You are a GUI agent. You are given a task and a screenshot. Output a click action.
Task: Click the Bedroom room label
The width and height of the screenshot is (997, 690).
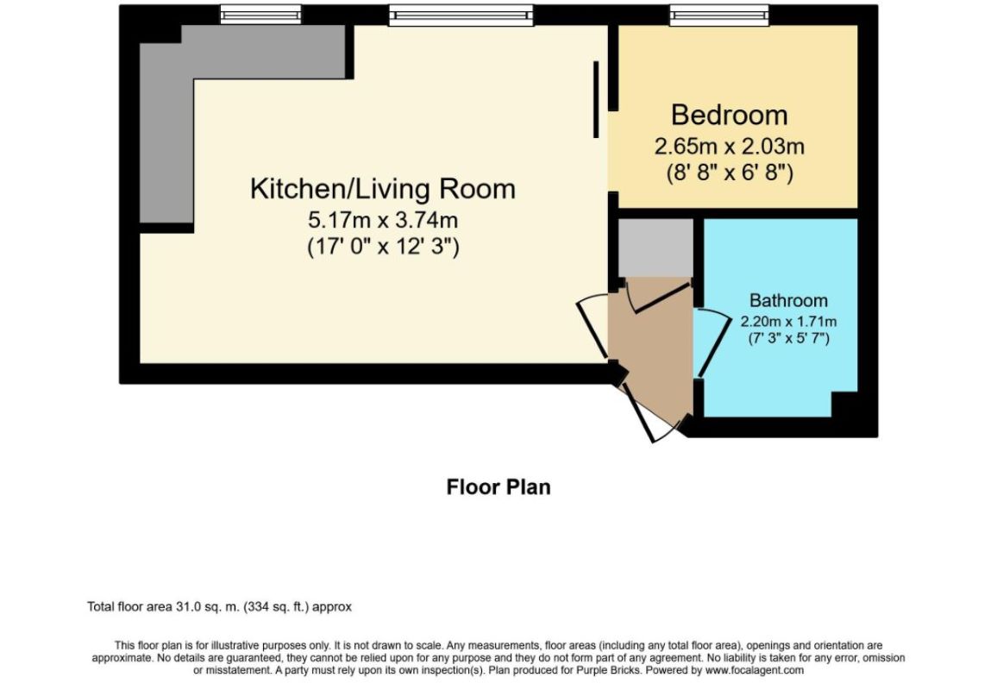(730, 115)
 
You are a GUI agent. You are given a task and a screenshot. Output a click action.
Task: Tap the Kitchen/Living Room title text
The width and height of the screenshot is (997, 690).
(383, 189)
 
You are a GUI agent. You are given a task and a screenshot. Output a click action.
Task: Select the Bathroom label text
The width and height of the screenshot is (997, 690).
(788, 300)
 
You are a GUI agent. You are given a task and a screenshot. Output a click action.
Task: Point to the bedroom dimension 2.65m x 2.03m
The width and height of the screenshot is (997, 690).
(730, 147)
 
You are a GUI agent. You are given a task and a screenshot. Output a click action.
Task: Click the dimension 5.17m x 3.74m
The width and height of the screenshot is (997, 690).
(383, 220)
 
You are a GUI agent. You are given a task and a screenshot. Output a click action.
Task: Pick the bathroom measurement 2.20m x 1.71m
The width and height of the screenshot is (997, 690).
(788, 322)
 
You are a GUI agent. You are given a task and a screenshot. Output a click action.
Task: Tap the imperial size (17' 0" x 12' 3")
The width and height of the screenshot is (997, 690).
(383, 246)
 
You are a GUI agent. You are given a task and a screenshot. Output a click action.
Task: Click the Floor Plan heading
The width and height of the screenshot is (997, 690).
(498, 487)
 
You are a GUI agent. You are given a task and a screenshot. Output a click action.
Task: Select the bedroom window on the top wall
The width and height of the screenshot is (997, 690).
(719, 15)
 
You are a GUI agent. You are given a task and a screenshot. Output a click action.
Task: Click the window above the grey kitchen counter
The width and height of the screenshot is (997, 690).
(260, 14)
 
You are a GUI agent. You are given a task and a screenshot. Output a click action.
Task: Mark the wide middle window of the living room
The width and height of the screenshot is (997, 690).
(461, 15)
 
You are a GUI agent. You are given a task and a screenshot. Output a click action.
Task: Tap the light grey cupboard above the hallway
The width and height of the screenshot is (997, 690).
(655, 248)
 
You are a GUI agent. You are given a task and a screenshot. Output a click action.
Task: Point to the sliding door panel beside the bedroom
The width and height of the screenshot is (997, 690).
(596, 99)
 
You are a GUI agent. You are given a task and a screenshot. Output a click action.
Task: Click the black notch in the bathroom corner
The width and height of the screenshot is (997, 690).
(845, 405)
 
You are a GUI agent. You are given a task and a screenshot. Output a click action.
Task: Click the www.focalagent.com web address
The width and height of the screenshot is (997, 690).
(754, 670)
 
